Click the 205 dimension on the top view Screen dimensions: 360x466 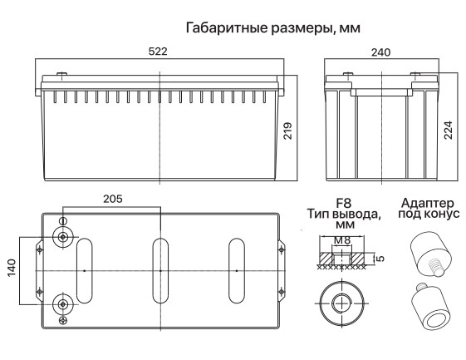(115, 200)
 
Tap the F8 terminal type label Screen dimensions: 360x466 (343, 202)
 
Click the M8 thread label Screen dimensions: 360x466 (341, 242)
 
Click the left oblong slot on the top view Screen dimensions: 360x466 (84, 271)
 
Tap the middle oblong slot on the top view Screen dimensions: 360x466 (159, 271)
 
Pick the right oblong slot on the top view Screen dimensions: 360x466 (236, 271)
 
